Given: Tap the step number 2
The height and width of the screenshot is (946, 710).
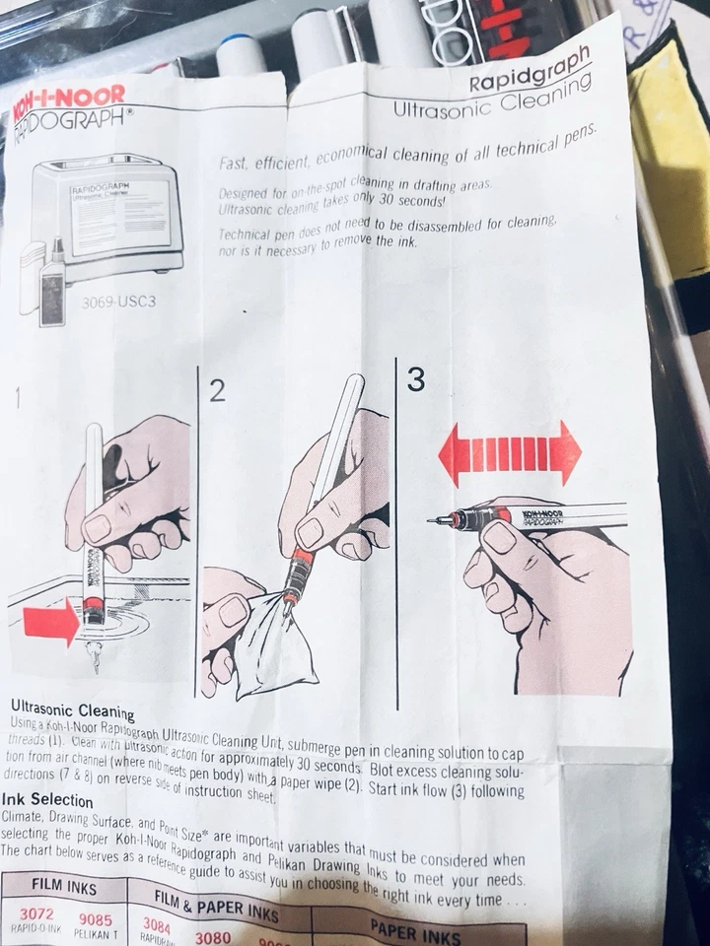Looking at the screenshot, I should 218,391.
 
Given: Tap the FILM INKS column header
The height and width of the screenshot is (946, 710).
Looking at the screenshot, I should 65,886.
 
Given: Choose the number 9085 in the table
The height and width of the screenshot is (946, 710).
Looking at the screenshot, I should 97,918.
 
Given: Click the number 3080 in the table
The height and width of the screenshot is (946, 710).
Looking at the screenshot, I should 213,937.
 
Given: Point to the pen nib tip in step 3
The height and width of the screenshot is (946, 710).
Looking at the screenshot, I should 431,519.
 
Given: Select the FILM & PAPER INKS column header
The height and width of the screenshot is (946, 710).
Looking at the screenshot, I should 216,902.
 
